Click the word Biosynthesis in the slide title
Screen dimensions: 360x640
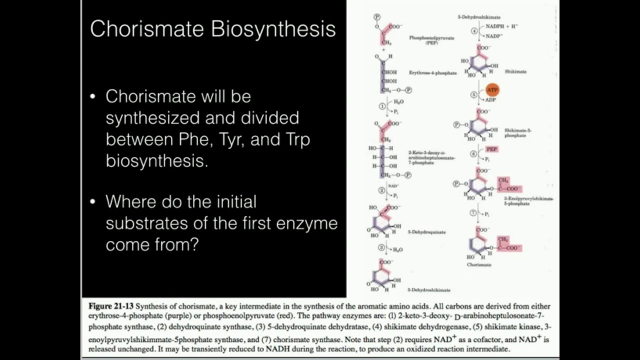tap(273, 29)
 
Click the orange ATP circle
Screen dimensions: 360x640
tap(492, 90)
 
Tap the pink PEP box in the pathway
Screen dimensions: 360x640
tap(491, 149)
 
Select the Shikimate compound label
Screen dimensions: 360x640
tap(515, 71)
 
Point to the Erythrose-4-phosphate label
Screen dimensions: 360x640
tap(432, 73)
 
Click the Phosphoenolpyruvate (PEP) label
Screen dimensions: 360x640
tap(431, 40)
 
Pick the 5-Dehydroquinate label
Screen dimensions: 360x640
tap(426, 232)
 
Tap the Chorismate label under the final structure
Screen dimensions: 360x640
tap(479, 264)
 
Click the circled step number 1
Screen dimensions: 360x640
tap(382, 106)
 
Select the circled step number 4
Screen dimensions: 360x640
tap(474, 31)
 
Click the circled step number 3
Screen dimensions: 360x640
tap(381, 248)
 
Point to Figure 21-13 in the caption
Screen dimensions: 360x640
tap(111, 306)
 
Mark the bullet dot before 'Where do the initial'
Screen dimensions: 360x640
tap(92, 202)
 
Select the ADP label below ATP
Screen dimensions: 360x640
tap(490, 100)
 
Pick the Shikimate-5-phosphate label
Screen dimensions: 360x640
tap(517, 133)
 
